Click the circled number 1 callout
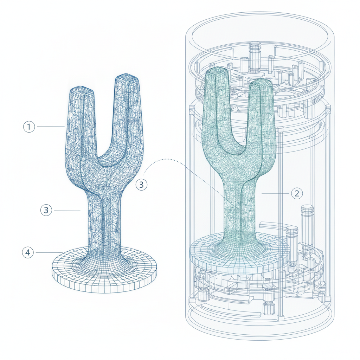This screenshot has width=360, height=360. (x=29, y=127)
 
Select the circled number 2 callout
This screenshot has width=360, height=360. (x=297, y=193)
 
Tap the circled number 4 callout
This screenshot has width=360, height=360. (x=28, y=252)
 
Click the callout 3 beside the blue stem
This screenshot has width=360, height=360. (x=46, y=210)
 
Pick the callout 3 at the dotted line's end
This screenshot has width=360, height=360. (x=141, y=185)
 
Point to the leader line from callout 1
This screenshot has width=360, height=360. (x=51, y=127)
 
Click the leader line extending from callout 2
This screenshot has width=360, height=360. (x=275, y=194)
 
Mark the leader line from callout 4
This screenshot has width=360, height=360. (x=49, y=252)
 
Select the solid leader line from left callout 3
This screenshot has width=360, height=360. (x=67, y=210)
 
